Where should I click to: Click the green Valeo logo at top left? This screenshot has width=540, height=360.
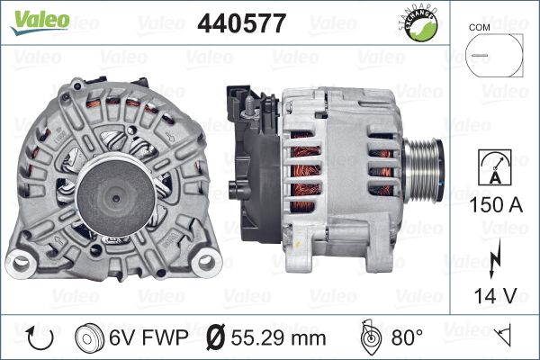coord(40,22)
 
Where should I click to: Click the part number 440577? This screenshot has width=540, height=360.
coord(242,23)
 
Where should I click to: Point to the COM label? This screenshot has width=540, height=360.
coord(479,27)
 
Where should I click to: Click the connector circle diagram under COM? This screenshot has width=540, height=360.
coord(465,55)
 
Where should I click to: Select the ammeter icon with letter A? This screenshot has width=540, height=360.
coord(495,167)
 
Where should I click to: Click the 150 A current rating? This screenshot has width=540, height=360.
coord(496,204)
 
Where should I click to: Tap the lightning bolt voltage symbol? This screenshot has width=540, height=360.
coord(494,258)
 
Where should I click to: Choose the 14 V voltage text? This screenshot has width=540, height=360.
coord(495,295)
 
